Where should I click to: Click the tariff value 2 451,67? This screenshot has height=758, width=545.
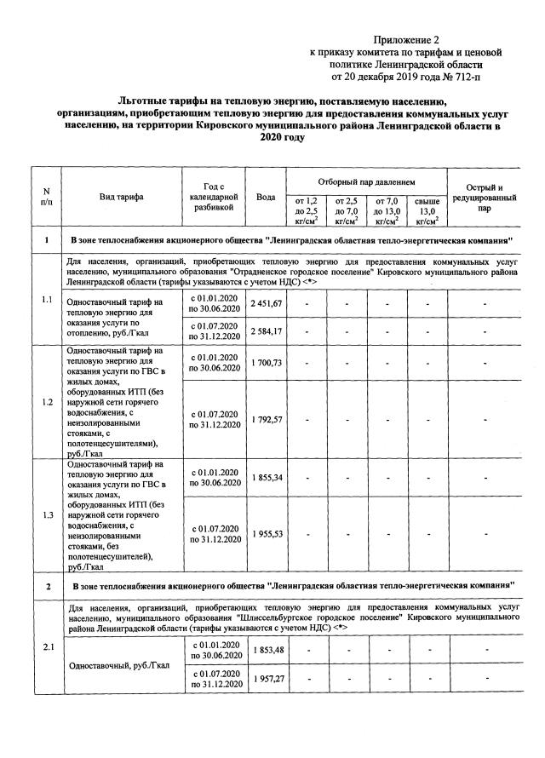(x=266, y=304)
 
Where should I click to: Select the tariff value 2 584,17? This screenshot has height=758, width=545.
(x=266, y=330)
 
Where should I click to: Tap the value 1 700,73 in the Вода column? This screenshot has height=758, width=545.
(x=266, y=363)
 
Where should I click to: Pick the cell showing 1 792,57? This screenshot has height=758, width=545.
(x=266, y=419)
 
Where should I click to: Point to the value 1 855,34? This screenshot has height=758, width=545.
(x=266, y=478)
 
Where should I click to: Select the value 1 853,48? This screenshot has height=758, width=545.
(x=266, y=651)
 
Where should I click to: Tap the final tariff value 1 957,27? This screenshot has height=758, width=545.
(x=266, y=678)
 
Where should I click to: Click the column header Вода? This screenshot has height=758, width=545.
(x=266, y=197)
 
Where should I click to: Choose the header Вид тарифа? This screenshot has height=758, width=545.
(x=121, y=197)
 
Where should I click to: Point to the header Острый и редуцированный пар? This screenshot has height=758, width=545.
(x=484, y=197)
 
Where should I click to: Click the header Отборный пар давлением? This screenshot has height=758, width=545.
(x=366, y=182)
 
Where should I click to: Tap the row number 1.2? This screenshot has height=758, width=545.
(x=47, y=401)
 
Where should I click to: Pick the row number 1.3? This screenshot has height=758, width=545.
(x=47, y=514)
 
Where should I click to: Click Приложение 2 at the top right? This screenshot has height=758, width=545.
(x=408, y=40)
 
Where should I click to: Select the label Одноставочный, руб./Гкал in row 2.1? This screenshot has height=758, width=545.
(x=120, y=665)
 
